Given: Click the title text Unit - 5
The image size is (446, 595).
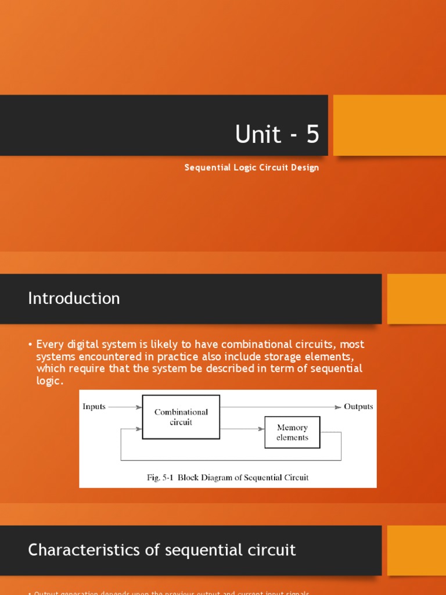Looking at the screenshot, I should click(277, 134).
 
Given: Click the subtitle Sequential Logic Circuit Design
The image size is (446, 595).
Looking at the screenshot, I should click(251, 168).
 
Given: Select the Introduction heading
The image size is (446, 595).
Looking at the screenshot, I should click(74, 298).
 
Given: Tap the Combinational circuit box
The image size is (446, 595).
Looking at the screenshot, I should click(181, 417).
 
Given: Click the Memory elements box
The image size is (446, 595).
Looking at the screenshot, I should click(292, 432).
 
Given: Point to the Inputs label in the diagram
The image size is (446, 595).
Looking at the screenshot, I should click(94, 407).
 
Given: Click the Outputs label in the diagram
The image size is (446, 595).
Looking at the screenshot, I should click(358, 407).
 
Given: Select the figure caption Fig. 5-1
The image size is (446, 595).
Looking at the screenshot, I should click(227, 478).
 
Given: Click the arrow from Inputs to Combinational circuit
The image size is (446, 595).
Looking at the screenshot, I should click(125, 407).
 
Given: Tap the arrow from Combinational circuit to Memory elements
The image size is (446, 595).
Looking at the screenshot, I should click(242, 429).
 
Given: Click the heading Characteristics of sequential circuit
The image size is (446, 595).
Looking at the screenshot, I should click(162, 550).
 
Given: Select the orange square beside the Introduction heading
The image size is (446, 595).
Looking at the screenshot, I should click(416, 299).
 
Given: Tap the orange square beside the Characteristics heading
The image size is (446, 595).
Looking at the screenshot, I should click(416, 550).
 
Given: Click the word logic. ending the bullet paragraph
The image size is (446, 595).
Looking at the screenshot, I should click(49, 380).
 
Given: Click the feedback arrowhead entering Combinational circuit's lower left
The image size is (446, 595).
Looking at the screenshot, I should click(138, 429).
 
